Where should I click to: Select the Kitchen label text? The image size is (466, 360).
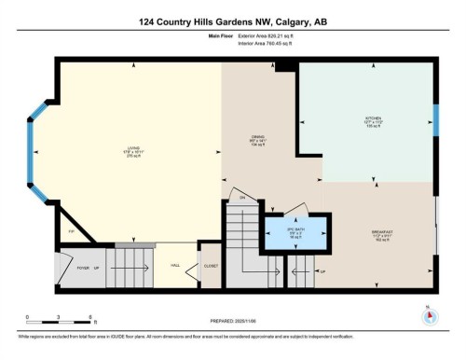(367, 119)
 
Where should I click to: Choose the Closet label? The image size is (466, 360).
(212, 266)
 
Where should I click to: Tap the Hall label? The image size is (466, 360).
(174, 266)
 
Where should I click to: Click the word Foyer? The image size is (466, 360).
(82, 266)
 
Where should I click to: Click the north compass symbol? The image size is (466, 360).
(429, 314)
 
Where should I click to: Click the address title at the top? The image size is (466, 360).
(232, 21)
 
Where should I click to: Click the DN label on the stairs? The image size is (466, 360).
(240, 198)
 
